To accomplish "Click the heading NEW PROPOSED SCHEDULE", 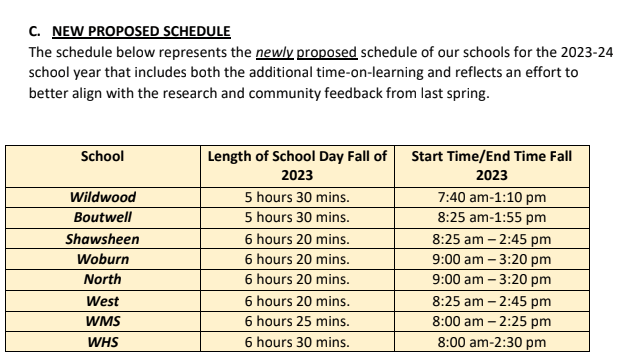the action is pos(143,30).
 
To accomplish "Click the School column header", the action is pos(102,156).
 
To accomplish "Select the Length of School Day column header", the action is pos(297,165).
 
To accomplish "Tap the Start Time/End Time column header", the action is pos(492,165).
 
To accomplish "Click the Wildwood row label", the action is pos(102,197).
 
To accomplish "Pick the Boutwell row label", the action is pos(102,217).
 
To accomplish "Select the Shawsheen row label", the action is pos(102,239).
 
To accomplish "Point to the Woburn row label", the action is pos(102,259).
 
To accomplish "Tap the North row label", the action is pos(102,280).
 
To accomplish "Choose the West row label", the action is pos(102,301).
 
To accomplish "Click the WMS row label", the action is pos(102,322).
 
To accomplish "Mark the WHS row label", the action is pos(102,343).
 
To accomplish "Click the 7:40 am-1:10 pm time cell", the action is pos(492,197).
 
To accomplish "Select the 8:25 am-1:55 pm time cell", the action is pos(492,217).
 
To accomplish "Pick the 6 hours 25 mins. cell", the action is pos(297,322).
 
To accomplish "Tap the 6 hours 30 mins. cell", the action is pos(297,343).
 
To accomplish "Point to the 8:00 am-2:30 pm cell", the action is pos(492,343).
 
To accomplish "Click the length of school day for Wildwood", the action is pos(297,197).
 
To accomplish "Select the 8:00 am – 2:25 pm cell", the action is pos(492,322).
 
